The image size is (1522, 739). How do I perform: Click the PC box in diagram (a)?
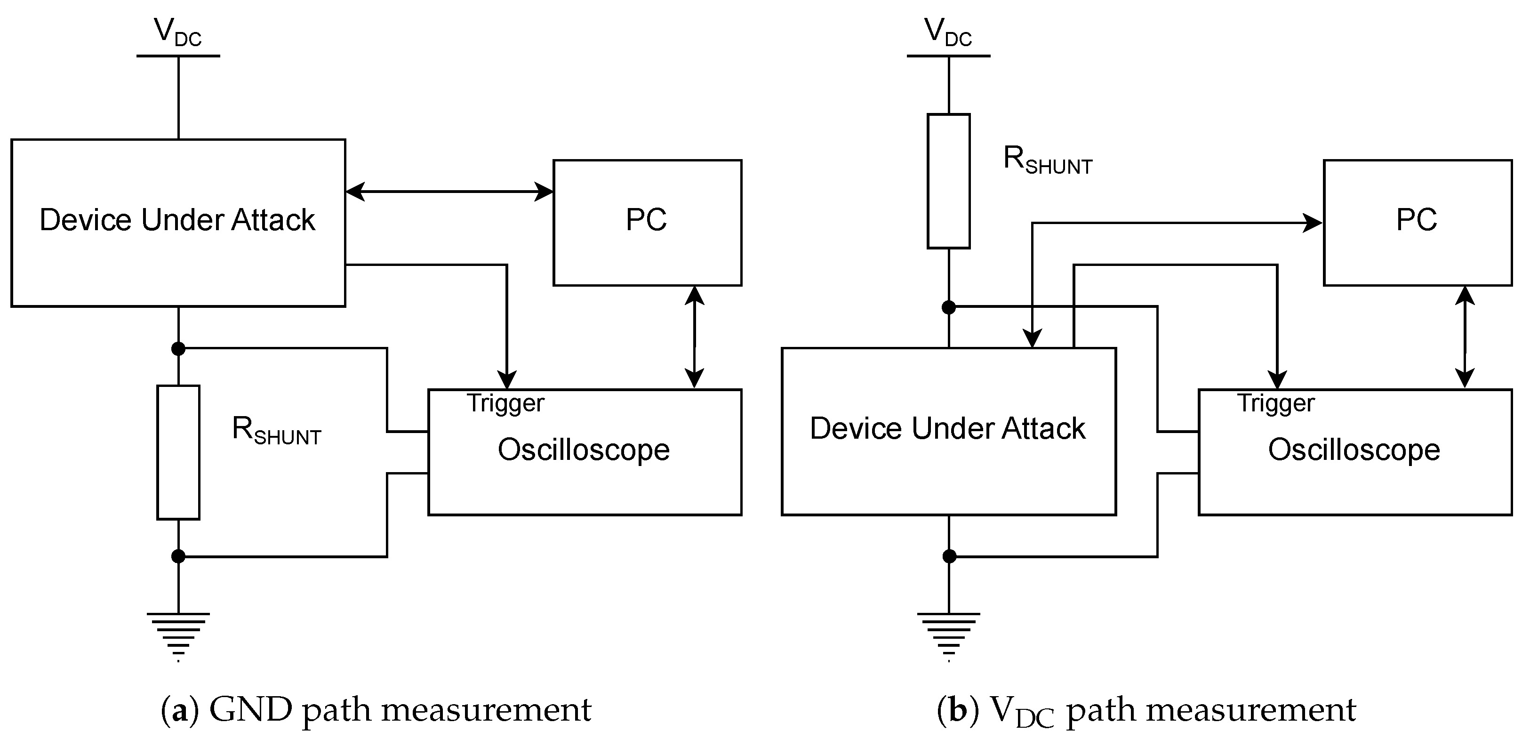click(647, 222)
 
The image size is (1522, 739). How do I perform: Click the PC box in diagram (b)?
click(1417, 222)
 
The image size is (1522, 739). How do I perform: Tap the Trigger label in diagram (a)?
click(505, 403)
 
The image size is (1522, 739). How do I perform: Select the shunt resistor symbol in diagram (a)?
click(178, 452)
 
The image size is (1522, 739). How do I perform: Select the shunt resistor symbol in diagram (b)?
click(948, 181)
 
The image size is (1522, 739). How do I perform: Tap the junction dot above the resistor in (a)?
click(178, 348)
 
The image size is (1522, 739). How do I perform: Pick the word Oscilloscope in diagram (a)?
click(583, 450)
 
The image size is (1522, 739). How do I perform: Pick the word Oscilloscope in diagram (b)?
click(1354, 450)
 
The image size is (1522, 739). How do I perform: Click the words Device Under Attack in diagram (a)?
click(177, 220)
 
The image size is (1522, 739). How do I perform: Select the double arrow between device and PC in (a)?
click(449, 192)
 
